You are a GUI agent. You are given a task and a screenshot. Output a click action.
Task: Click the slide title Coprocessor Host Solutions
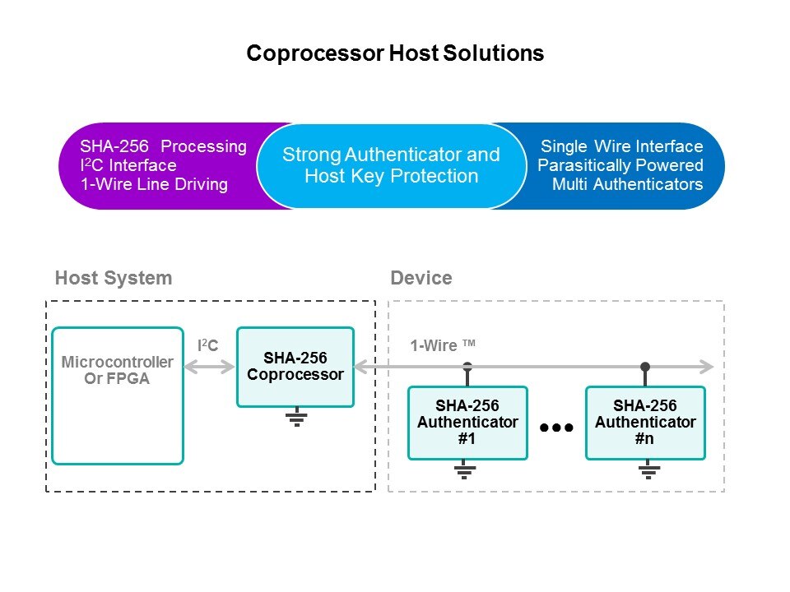click(x=395, y=53)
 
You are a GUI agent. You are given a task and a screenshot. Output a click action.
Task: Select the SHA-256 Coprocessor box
click(x=295, y=367)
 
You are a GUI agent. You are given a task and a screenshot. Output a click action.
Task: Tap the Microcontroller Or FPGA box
click(x=117, y=395)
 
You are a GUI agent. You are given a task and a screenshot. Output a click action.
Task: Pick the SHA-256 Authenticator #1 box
click(x=467, y=423)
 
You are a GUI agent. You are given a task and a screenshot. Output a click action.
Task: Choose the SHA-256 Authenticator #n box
click(x=645, y=423)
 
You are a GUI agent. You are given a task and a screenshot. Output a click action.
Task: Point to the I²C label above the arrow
click(x=208, y=346)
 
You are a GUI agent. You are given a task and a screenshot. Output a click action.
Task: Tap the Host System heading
click(x=114, y=278)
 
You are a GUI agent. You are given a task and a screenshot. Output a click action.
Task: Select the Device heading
click(x=421, y=278)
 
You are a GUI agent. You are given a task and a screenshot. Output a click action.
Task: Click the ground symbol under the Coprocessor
click(x=296, y=419)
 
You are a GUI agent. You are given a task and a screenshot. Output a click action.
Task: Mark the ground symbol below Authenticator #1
click(x=464, y=471)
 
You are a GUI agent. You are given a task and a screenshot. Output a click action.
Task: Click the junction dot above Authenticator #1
click(x=467, y=366)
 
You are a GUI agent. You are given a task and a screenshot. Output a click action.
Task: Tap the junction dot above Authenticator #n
click(x=645, y=366)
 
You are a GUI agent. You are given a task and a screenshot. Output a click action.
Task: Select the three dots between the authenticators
click(x=555, y=428)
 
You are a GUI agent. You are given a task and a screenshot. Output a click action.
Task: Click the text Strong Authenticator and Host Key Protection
click(x=391, y=165)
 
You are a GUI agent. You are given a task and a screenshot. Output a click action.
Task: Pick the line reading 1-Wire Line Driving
click(x=154, y=184)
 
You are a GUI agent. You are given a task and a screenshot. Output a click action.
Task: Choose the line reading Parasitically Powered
click(x=620, y=165)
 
